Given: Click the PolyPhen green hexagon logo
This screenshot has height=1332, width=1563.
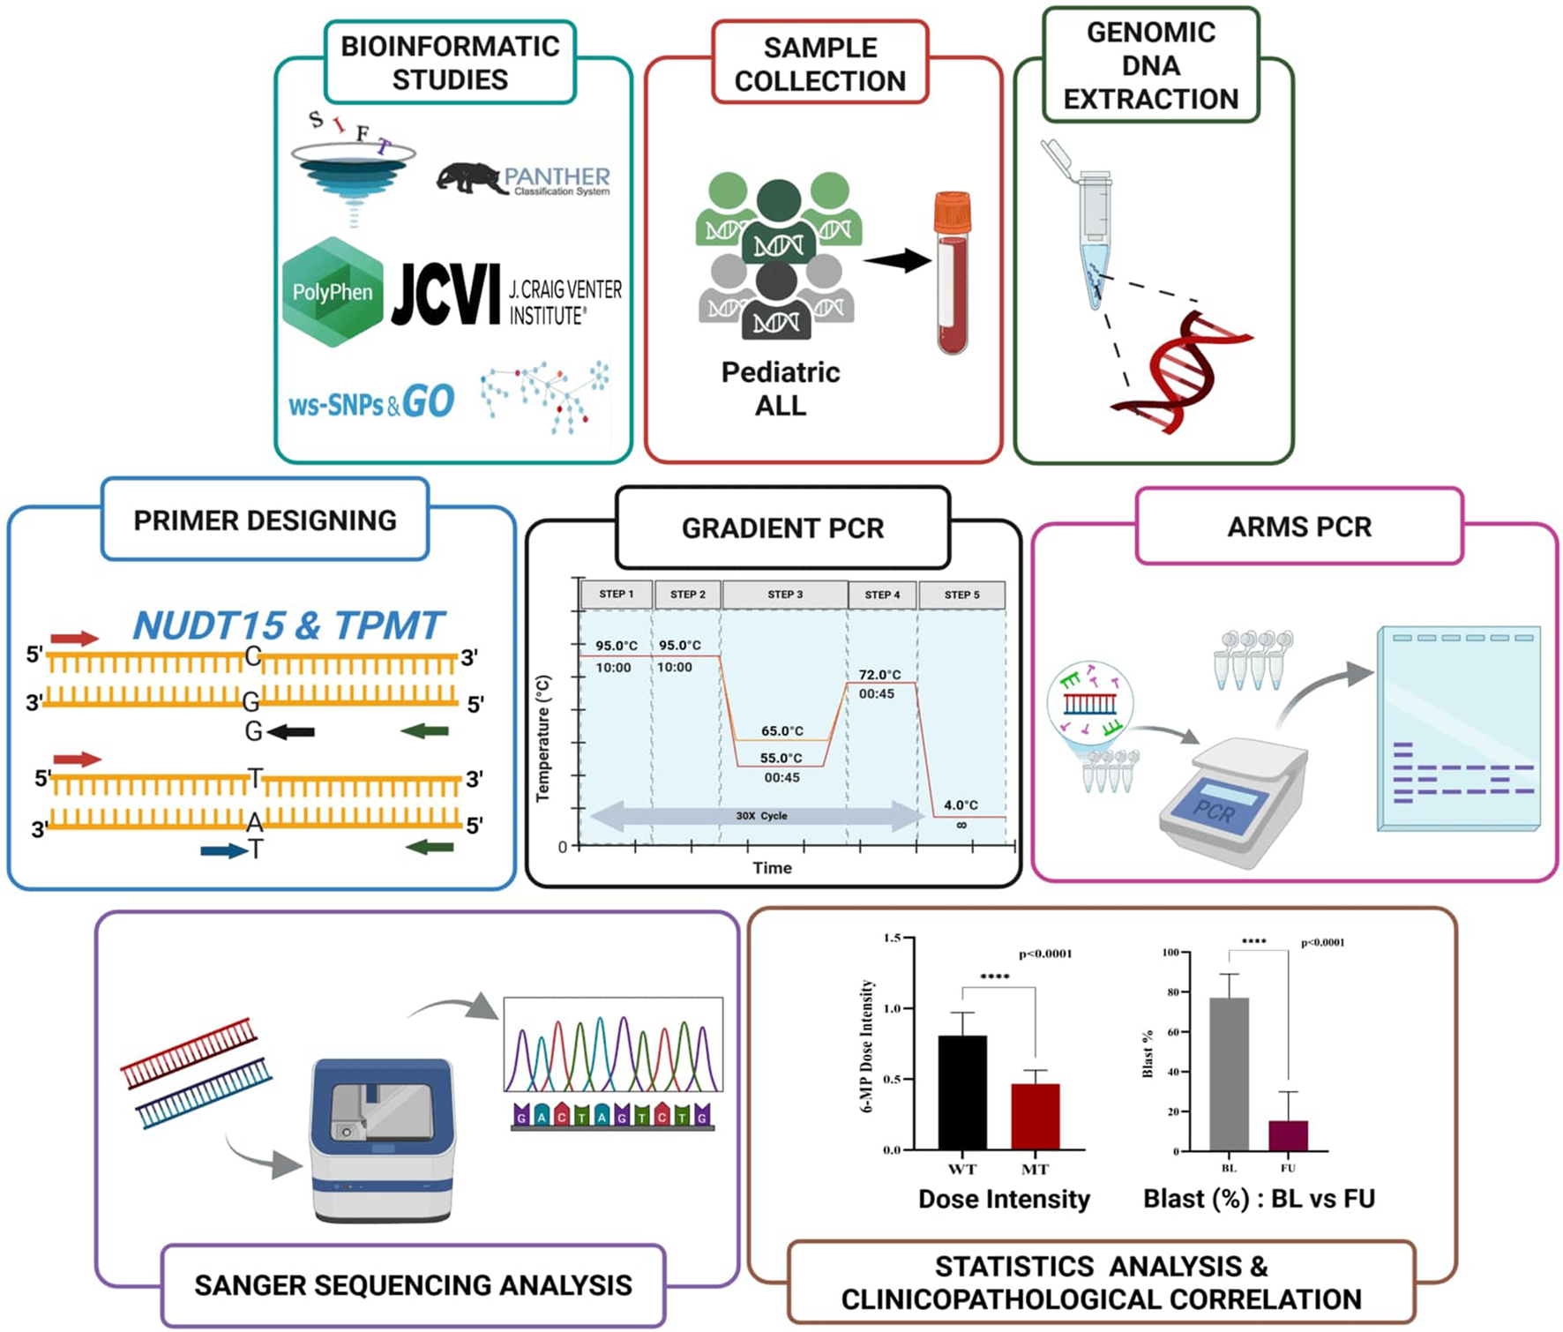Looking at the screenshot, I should click(x=333, y=292).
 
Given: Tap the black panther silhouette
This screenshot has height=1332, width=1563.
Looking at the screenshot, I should click(x=467, y=178).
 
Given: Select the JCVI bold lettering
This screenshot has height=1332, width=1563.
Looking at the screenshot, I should click(x=445, y=296).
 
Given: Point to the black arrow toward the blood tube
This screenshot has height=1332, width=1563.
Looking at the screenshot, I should click(x=897, y=260).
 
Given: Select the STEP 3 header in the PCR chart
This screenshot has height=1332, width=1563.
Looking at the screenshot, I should click(x=785, y=595).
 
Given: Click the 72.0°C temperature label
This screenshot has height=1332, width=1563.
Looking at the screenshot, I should click(x=879, y=675).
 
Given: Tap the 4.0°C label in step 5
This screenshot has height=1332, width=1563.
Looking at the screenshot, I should click(x=961, y=804).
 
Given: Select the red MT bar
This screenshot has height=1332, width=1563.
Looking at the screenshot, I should click(x=1035, y=1116).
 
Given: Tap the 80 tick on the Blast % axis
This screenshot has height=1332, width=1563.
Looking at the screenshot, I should click(x=1172, y=992).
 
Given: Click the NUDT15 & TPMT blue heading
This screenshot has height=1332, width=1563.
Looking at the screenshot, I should click(x=288, y=625).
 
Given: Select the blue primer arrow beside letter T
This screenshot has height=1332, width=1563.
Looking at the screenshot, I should click(x=222, y=851).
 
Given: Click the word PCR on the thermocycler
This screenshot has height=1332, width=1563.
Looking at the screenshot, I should click(x=1214, y=810).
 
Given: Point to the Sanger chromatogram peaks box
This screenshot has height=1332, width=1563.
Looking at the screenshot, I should click(x=613, y=1044).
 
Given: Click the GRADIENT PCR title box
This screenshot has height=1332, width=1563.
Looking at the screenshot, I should click(x=782, y=528).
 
